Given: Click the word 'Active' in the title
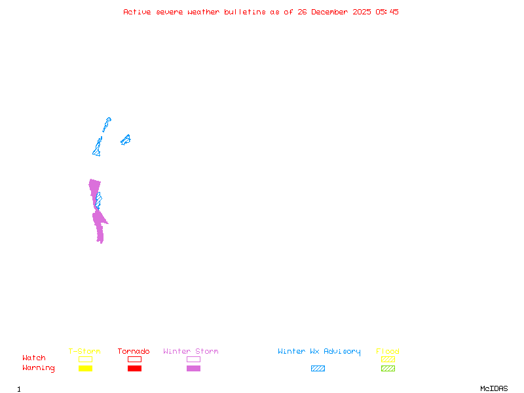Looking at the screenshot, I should pyautogui.click(x=138, y=12).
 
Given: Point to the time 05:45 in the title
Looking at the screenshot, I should pyautogui.click(x=386, y=12).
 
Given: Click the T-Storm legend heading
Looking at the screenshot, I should pyautogui.click(x=84, y=352).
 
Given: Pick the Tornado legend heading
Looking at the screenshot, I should pyautogui.click(x=134, y=352).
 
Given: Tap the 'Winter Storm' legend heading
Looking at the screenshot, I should pyautogui.click(x=191, y=352).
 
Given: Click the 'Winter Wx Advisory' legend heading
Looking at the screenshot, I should pyautogui.click(x=319, y=352).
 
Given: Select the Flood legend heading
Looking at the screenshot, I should pyautogui.click(x=388, y=352).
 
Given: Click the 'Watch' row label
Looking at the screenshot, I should pyautogui.click(x=34, y=358).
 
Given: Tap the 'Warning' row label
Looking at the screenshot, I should pyautogui.click(x=39, y=368).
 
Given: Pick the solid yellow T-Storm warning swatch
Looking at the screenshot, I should pyautogui.click(x=85, y=369).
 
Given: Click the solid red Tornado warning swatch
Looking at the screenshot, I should pyautogui.click(x=134, y=369).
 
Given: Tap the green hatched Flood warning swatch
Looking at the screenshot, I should pyautogui.click(x=388, y=369).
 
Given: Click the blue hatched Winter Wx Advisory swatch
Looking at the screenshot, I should pyautogui.click(x=318, y=369).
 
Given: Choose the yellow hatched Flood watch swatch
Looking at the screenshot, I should pyautogui.click(x=388, y=359).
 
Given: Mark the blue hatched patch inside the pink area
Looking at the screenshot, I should pyautogui.click(x=98, y=200).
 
